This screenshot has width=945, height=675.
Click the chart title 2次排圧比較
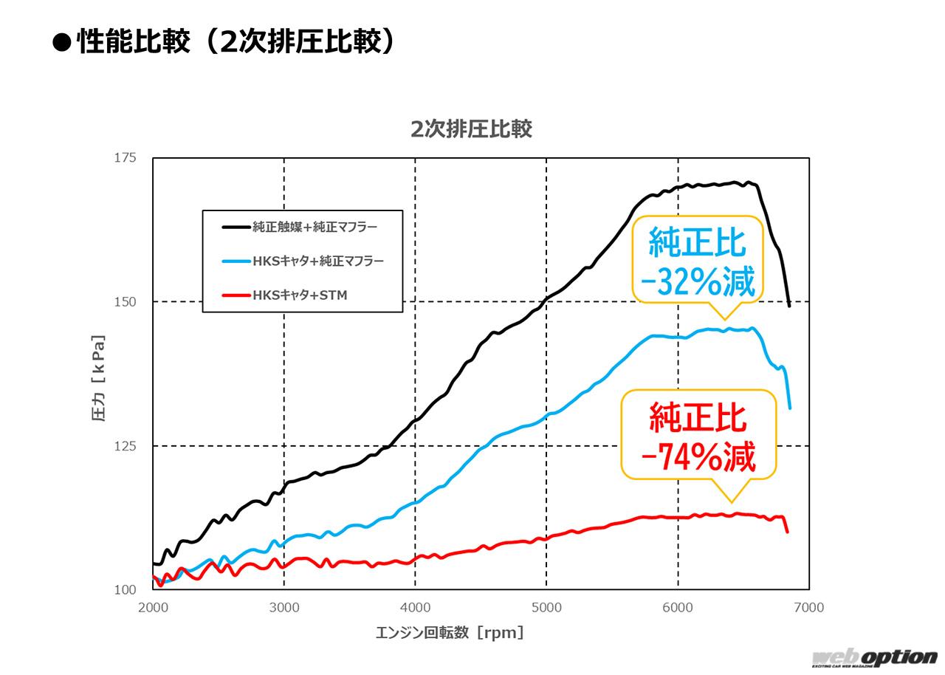tap(471, 129)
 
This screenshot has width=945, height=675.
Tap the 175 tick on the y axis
tap(126, 158)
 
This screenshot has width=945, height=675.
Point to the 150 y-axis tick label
tap(126, 302)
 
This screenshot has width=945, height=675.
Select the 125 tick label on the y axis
tap(126, 446)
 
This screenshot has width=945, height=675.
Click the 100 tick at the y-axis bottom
tap(126, 589)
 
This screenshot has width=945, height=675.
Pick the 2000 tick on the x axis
tap(153, 608)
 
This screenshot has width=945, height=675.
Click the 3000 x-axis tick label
tap(284, 608)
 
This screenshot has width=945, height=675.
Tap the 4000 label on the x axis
tap(415, 608)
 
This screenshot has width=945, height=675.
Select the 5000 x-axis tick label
tap(546, 608)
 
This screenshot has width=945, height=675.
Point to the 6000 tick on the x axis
tap(678, 608)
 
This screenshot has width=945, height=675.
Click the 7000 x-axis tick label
tap(808, 608)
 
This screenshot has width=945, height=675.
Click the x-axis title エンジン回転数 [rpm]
tap(450, 633)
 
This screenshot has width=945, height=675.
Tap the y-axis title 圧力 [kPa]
tap(98, 378)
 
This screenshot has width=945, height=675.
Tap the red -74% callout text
tap(698, 458)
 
